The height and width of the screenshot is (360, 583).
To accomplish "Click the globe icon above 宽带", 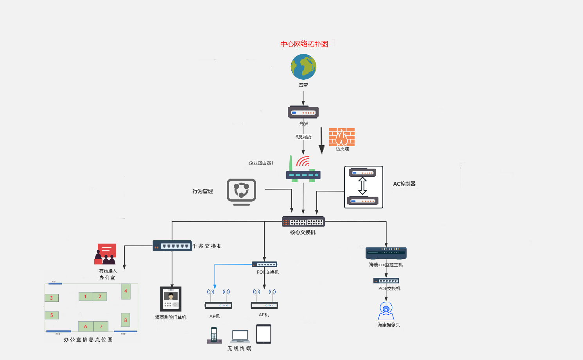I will click(303, 67).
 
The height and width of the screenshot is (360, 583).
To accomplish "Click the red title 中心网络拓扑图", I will click(304, 44).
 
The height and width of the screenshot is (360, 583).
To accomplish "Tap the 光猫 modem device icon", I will click(303, 112).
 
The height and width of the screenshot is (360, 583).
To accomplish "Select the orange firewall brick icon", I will click(342, 137).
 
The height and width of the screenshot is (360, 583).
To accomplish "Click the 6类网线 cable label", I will click(303, 137).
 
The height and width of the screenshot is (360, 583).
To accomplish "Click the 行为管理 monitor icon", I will click(241, 192).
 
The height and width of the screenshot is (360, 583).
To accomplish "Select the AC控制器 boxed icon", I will click(363, 187).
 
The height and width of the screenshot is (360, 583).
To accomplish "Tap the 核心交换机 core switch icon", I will click(303, 222).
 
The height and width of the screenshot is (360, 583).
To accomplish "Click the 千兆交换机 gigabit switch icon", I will click(172, 246).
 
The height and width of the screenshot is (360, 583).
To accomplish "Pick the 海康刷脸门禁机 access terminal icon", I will click(171, 299).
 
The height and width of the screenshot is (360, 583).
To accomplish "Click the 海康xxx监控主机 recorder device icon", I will click(386, 253).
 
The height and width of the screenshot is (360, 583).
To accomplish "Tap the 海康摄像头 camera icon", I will click(386, 311).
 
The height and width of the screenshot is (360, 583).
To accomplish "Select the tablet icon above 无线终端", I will click(264, 334).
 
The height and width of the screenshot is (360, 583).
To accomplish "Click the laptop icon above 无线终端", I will click(240, 337).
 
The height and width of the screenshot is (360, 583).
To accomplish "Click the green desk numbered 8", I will click(126, 320).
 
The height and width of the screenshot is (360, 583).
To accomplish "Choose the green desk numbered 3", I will click(52, 298).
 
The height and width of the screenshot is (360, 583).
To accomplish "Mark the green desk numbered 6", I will click(86, 326).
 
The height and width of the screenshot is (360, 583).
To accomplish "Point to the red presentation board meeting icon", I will click(106, 254).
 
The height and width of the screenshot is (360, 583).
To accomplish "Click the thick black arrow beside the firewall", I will click(321, 141).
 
